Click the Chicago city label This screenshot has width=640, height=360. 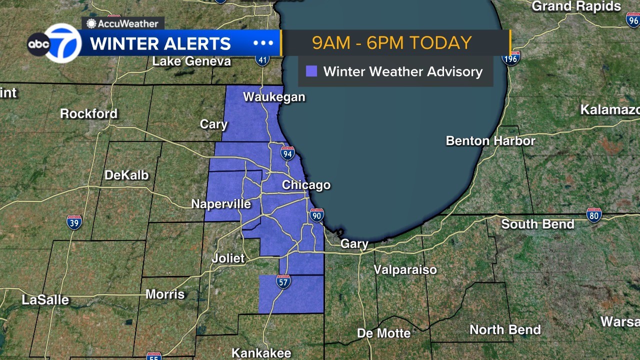[x=306, y=185]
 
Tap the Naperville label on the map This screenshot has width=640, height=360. [x=221, y=204]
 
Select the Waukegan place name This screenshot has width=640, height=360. [x=274, y=97]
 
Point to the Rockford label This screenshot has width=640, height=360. [x=88, y=114]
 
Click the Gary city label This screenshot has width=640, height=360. [x=354, y=244]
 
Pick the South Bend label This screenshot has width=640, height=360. [x=537, y=224]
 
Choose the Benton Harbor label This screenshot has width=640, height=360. [x=490, y=141]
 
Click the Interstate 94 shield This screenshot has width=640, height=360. [x=287, y=153]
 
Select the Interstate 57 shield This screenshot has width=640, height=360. [x=283, y=282]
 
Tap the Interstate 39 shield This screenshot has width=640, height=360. [x=74, y=222]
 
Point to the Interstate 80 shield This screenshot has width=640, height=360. [x=593, y=215]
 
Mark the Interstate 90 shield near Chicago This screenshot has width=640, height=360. [x=316, y=215]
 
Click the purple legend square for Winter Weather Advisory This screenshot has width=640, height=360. [x=311, y=71]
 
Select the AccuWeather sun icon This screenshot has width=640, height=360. [x=91, y=23]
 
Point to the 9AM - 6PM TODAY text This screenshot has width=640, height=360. [x=392, y=43]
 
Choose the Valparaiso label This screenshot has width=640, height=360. [x=405, y=270]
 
